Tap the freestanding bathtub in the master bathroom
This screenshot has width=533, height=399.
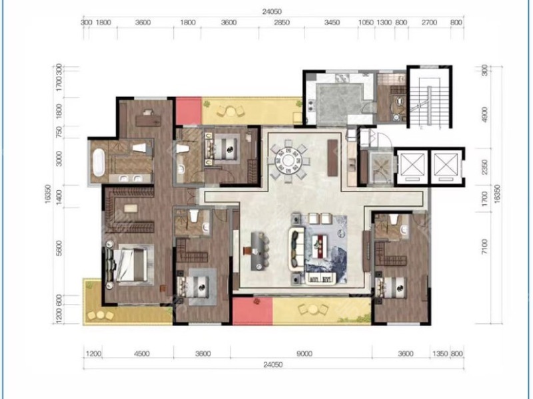point(99,162)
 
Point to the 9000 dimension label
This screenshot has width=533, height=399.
point(304,354)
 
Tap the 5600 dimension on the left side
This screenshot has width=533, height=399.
point(59,248)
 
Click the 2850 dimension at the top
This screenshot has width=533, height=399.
point(282,23)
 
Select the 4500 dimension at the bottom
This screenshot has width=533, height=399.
point(142,354)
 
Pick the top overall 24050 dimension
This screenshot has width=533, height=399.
point(272,12)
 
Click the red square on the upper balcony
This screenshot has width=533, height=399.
point(189,110)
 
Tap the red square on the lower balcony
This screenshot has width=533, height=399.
point(253,311)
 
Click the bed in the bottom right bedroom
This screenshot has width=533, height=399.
point(390,289)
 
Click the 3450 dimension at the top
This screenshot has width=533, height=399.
point(331,23)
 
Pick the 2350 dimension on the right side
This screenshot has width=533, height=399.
point(484,167)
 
